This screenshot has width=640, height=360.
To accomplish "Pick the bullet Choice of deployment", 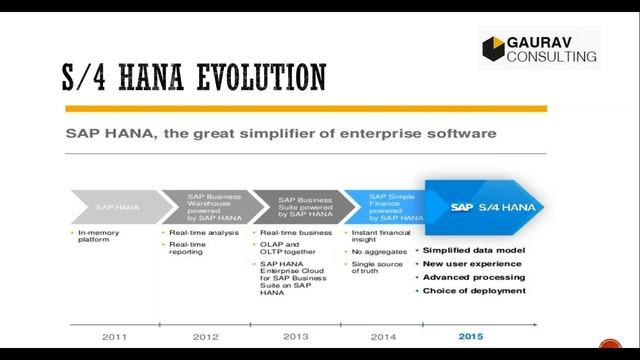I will pyautogui.click(x=474, y=290).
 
